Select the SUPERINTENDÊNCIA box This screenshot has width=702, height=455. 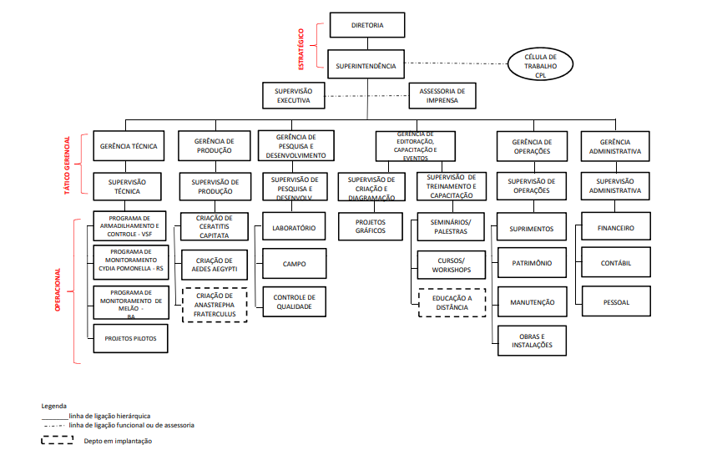coord(366,65)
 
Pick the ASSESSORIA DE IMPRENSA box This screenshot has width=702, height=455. coord(442,96)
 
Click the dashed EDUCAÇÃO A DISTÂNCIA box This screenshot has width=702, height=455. coord(452,302)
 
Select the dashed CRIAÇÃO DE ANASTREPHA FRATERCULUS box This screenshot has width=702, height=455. coord(215,305)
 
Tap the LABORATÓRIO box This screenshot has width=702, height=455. coord(295,227)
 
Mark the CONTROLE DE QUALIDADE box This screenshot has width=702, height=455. coord(295,301)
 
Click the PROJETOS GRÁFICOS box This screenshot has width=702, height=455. coord(370,226)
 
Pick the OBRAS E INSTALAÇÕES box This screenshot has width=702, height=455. coord(532,340)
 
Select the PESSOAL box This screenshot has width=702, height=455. coord(614,301)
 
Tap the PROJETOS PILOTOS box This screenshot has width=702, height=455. coord(130,339)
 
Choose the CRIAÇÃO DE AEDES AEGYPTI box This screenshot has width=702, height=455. coord(215,264)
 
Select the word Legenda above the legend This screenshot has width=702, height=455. coord(54,406)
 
